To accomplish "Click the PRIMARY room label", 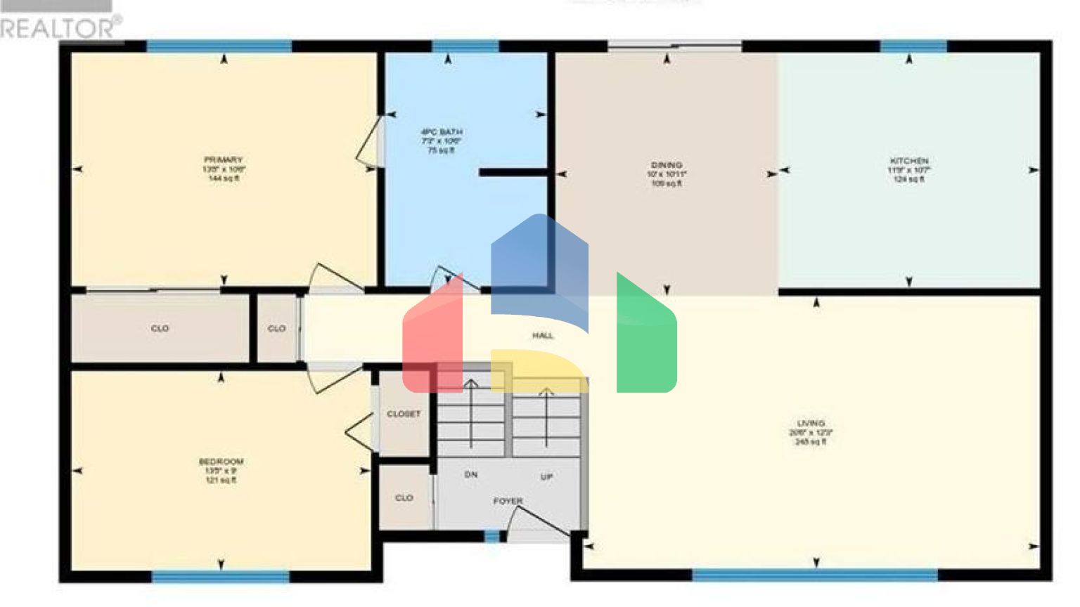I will [x=224, y=160].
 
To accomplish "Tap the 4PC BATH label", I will [x=442, y=132].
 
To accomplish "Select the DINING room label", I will [x=667, y=165].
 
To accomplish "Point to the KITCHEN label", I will [x=908, y=161].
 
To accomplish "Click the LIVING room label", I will [x=811, y=424].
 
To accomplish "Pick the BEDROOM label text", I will [x=221, y=462].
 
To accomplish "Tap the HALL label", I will [x=542, y=336].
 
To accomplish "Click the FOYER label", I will [x=508, y=501].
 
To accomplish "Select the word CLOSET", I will [x=404, y=415].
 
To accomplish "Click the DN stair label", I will [x=471, y=475].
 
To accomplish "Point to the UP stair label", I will [x=546, y=477].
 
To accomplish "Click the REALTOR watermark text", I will [x=60, y=28].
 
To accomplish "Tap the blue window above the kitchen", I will [x=913, y=46].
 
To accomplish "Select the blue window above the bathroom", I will [x=465, y=46].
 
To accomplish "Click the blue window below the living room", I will [x=814, y=575].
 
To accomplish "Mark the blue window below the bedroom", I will [x=220, y=577].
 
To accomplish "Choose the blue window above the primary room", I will [x=219, y=46].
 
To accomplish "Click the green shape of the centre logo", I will [x=645, y=337].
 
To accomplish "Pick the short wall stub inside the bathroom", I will [x=513, y=172].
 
